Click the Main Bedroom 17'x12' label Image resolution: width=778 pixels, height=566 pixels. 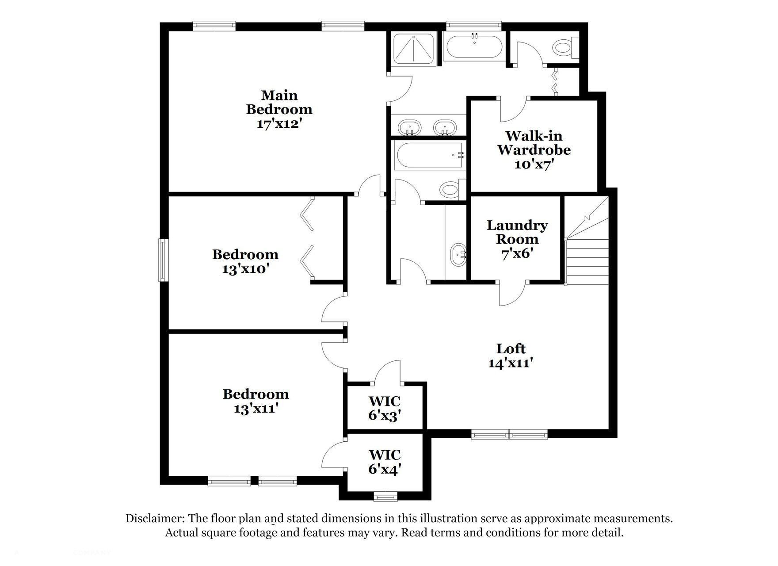click(279, 109)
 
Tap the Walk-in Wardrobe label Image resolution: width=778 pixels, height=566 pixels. click(534, 149)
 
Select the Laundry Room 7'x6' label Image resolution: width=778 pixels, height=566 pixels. click(517, 239)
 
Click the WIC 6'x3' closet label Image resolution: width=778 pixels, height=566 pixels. click(385, 408)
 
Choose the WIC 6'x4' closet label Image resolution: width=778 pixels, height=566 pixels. click(385, 461)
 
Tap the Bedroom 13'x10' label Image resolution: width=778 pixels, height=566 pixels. click(245, 261)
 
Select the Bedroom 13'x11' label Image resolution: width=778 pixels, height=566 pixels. click(256, 401)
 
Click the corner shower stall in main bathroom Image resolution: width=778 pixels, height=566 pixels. click(412, 49)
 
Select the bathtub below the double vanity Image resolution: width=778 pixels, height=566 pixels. click(429, 155)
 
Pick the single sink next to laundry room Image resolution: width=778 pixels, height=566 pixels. click(458, 255)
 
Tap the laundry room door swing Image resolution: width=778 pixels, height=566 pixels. click(512, 293)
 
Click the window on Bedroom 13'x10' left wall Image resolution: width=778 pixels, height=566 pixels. click(164, 260)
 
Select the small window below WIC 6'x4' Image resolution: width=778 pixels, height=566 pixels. click(385, 497)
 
